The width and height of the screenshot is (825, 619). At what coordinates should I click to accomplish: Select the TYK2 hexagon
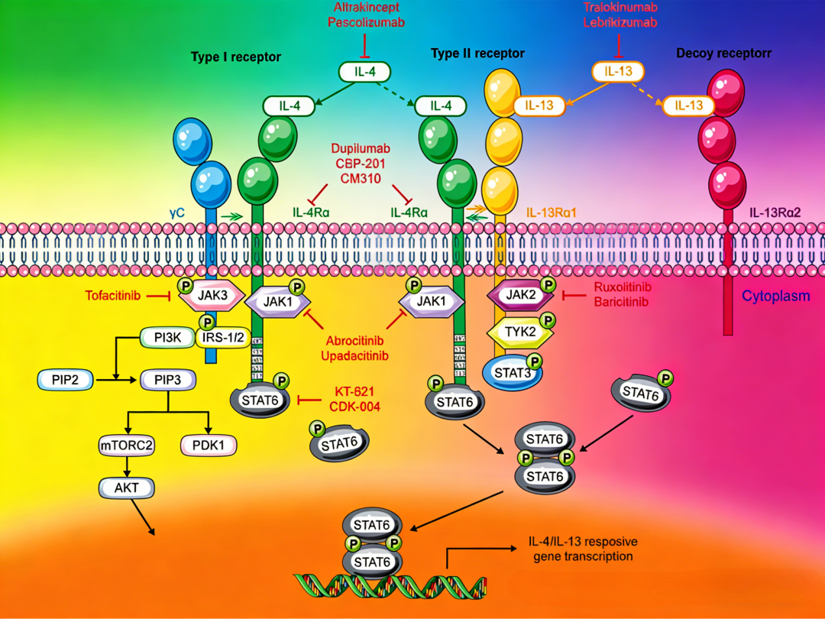coord(520,331)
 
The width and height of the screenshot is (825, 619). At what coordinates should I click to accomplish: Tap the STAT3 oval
coord(512,372)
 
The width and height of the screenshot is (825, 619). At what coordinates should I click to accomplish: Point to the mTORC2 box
coord(127,445)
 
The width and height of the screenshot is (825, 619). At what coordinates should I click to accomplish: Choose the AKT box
coord(127,486)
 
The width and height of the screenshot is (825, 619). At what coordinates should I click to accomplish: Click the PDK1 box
coord(209,445)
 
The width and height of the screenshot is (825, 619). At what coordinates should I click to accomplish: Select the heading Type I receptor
coord(236,57)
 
